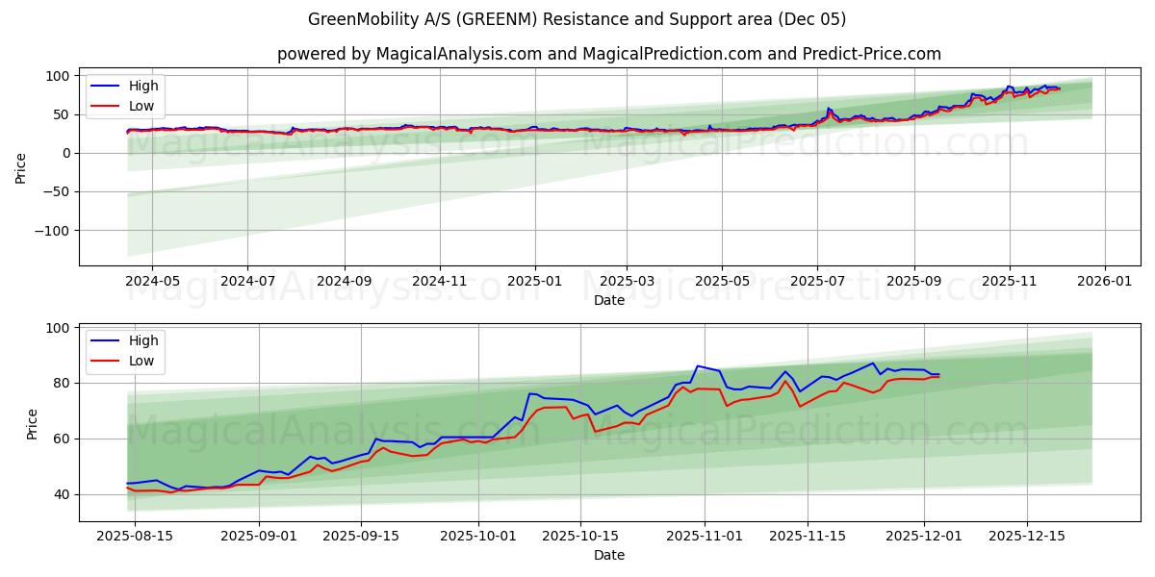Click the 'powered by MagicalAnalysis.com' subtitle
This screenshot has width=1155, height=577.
point(608,54)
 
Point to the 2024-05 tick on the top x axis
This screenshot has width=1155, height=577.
point(152,283)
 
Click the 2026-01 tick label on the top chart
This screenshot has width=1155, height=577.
point(1104,283)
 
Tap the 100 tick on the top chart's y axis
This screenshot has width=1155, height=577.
point(59,76)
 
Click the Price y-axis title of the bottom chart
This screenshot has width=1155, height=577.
point(32,424)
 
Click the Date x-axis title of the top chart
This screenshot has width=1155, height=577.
point(608,300)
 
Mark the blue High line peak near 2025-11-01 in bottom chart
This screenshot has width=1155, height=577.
point(697,365)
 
